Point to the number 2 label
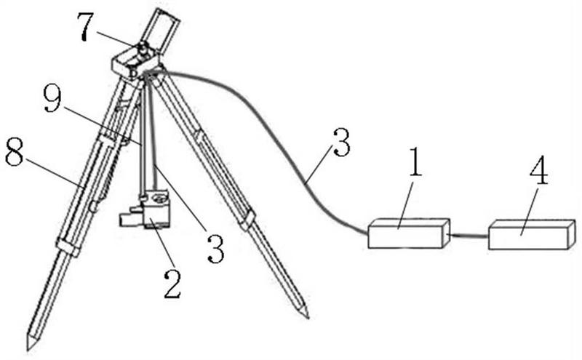pos(172,284)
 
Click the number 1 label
pos(414,165)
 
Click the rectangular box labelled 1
pos(407,233)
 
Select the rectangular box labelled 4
pos(531,234)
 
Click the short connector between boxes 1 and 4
pos(469,235)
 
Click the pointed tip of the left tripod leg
pos(31,343)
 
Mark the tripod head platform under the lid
pos(131,65)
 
